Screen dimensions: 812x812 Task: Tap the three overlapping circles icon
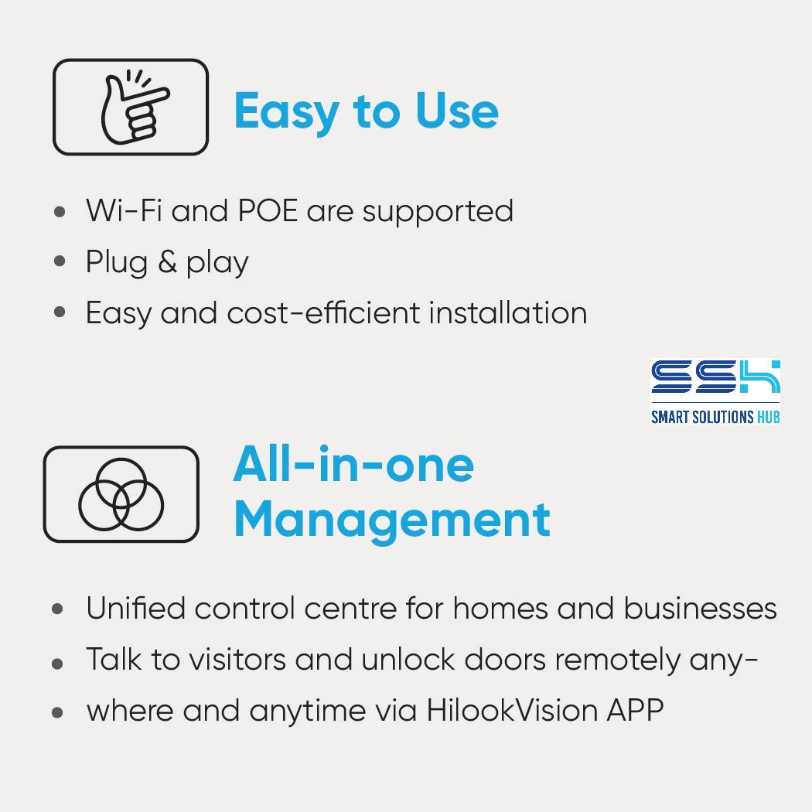coord(121,494)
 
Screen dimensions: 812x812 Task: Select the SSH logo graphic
coord(715,377)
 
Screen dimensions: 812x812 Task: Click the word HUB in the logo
coord(768,417)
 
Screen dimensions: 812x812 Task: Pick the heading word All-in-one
coord(353,464)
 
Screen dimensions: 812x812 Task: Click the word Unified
coord(136,608)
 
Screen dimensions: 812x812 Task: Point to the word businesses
coord(700,608)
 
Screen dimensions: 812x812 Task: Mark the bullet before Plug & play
coord(60,261)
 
